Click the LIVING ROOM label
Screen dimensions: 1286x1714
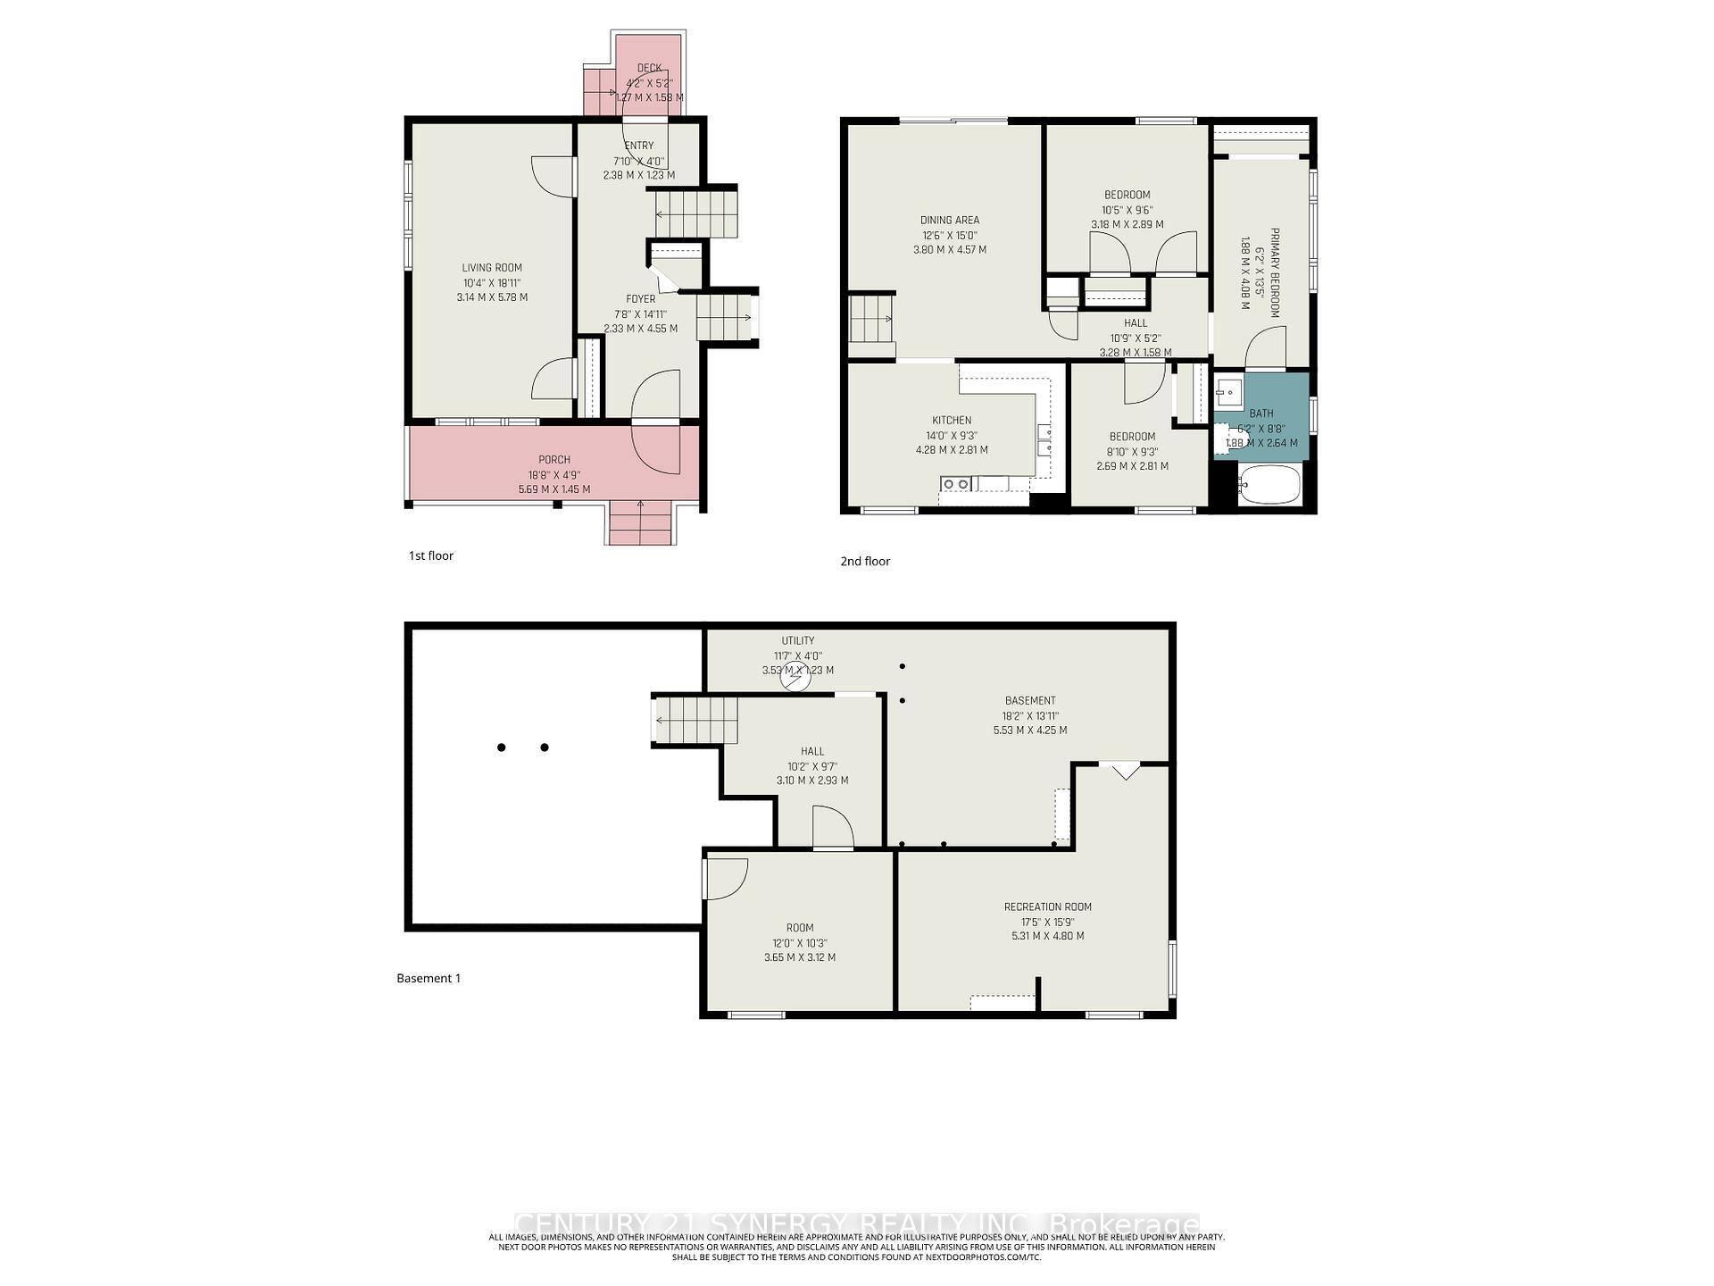click(x=492, y=268)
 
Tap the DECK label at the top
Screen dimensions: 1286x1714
click(x=649, y=68)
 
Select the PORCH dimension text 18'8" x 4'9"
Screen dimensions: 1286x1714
click(x=553, y=475)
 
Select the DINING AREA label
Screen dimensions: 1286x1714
click(x=950, y=220)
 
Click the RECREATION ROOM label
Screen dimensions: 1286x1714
click(x=1047, y=906)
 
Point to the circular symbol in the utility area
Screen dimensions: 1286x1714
click(x=795, y=678)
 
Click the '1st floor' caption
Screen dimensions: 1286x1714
click(x=431, y=555)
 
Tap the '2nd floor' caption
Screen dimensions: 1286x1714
click(x=865, y=561)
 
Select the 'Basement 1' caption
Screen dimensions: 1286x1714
click(x=428, y=978)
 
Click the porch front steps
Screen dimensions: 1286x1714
click(x=640, y=523)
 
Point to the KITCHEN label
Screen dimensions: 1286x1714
click(x=952, y=421)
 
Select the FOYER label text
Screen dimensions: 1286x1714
click(x=640, y=299)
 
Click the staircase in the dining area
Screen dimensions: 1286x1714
click(x=870, y=320)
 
